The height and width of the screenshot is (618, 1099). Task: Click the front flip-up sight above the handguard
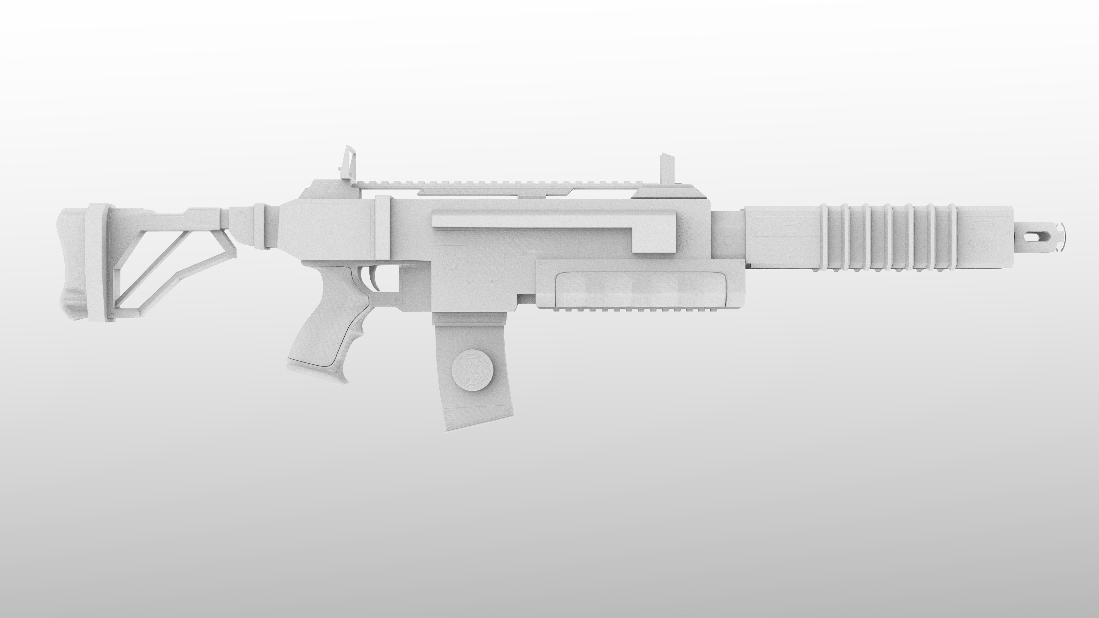click(x=666, y=171)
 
